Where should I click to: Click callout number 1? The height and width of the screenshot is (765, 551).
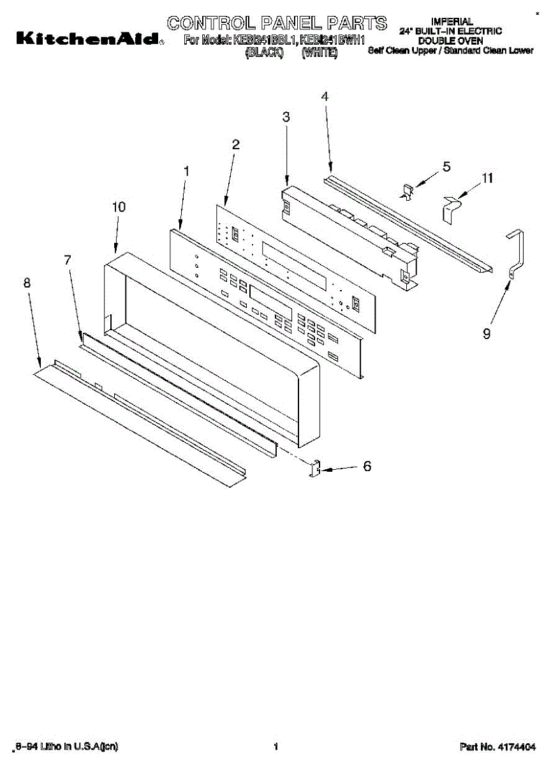coord(186,171)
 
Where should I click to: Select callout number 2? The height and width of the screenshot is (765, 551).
coord(235,145)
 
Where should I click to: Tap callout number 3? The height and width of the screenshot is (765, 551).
coord(286,117)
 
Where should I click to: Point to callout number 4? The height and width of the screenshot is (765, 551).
coord(325,97)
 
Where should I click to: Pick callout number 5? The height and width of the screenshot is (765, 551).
coord(446,166)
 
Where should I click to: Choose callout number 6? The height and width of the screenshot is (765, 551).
coord(367,466)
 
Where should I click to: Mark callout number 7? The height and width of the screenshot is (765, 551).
coord(68,259)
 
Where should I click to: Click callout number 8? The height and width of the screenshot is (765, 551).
coord(27,284)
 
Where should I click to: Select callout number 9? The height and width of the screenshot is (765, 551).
coord(487,333)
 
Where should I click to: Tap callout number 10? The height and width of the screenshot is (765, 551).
coord(119,207)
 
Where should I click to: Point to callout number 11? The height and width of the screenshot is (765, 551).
coord(487,179)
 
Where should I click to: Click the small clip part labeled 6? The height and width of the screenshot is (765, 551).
coord(314,469)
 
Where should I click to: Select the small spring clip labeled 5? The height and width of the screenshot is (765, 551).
coord(406,191)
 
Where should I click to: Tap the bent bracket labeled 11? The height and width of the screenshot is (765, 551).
coord(452,208)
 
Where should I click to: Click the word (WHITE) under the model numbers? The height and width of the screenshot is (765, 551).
coord(319,54)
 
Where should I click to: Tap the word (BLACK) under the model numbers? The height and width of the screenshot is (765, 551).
coord(263,54)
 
